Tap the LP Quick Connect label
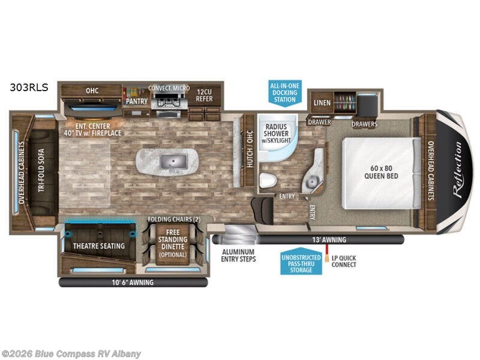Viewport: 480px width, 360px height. (x=343, y=261)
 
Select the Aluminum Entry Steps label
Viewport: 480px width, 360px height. (x=238, y=255)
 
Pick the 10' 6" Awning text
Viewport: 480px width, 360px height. (x=132, y=282)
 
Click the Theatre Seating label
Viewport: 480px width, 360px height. (x=98, y=245)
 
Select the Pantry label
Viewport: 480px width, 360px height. (x=136, y=101)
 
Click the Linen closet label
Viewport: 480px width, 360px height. (x=320, y=103)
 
